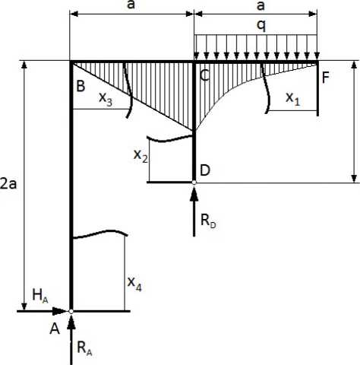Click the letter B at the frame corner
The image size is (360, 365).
(81, 86)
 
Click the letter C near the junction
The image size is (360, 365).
(205, 75)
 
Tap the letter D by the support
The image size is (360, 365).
(205, 170)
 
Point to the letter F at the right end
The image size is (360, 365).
(326, 78)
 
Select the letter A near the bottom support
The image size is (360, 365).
(55, 329)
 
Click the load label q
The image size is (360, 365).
(261, 26)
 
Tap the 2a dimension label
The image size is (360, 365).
(8, 184)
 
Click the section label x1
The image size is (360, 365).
(293, 99)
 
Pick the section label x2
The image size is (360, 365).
(141, 156)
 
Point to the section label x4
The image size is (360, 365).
(134, 284)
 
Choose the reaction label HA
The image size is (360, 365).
(40, 296)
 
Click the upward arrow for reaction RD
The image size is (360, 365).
(194, 211)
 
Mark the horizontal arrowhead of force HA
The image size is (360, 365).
(60, 311)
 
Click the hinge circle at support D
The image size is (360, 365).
(194, 182)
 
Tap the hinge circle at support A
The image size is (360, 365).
(71, 311)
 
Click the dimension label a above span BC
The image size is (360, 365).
(131, 5)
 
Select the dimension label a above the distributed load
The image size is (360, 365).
(261, 5)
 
